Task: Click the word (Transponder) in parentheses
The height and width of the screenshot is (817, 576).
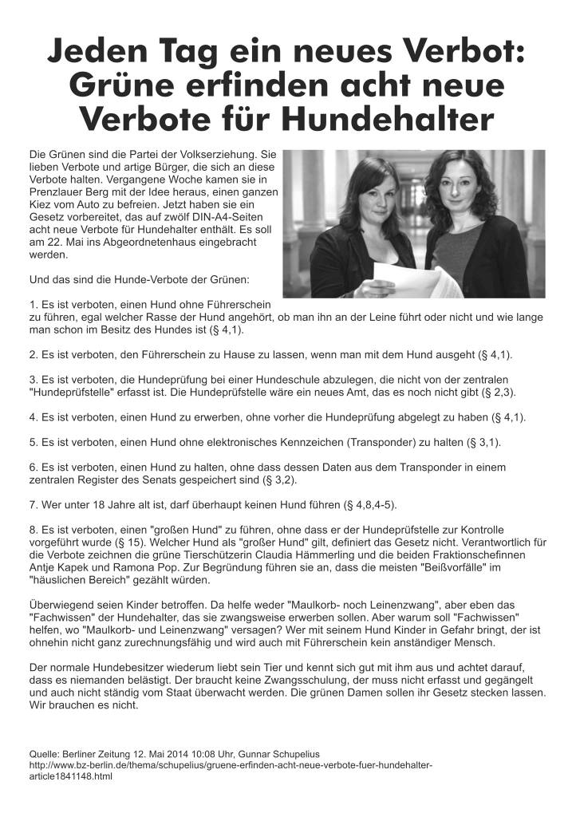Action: [378, 443]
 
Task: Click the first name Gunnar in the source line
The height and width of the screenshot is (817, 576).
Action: [260, 752]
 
